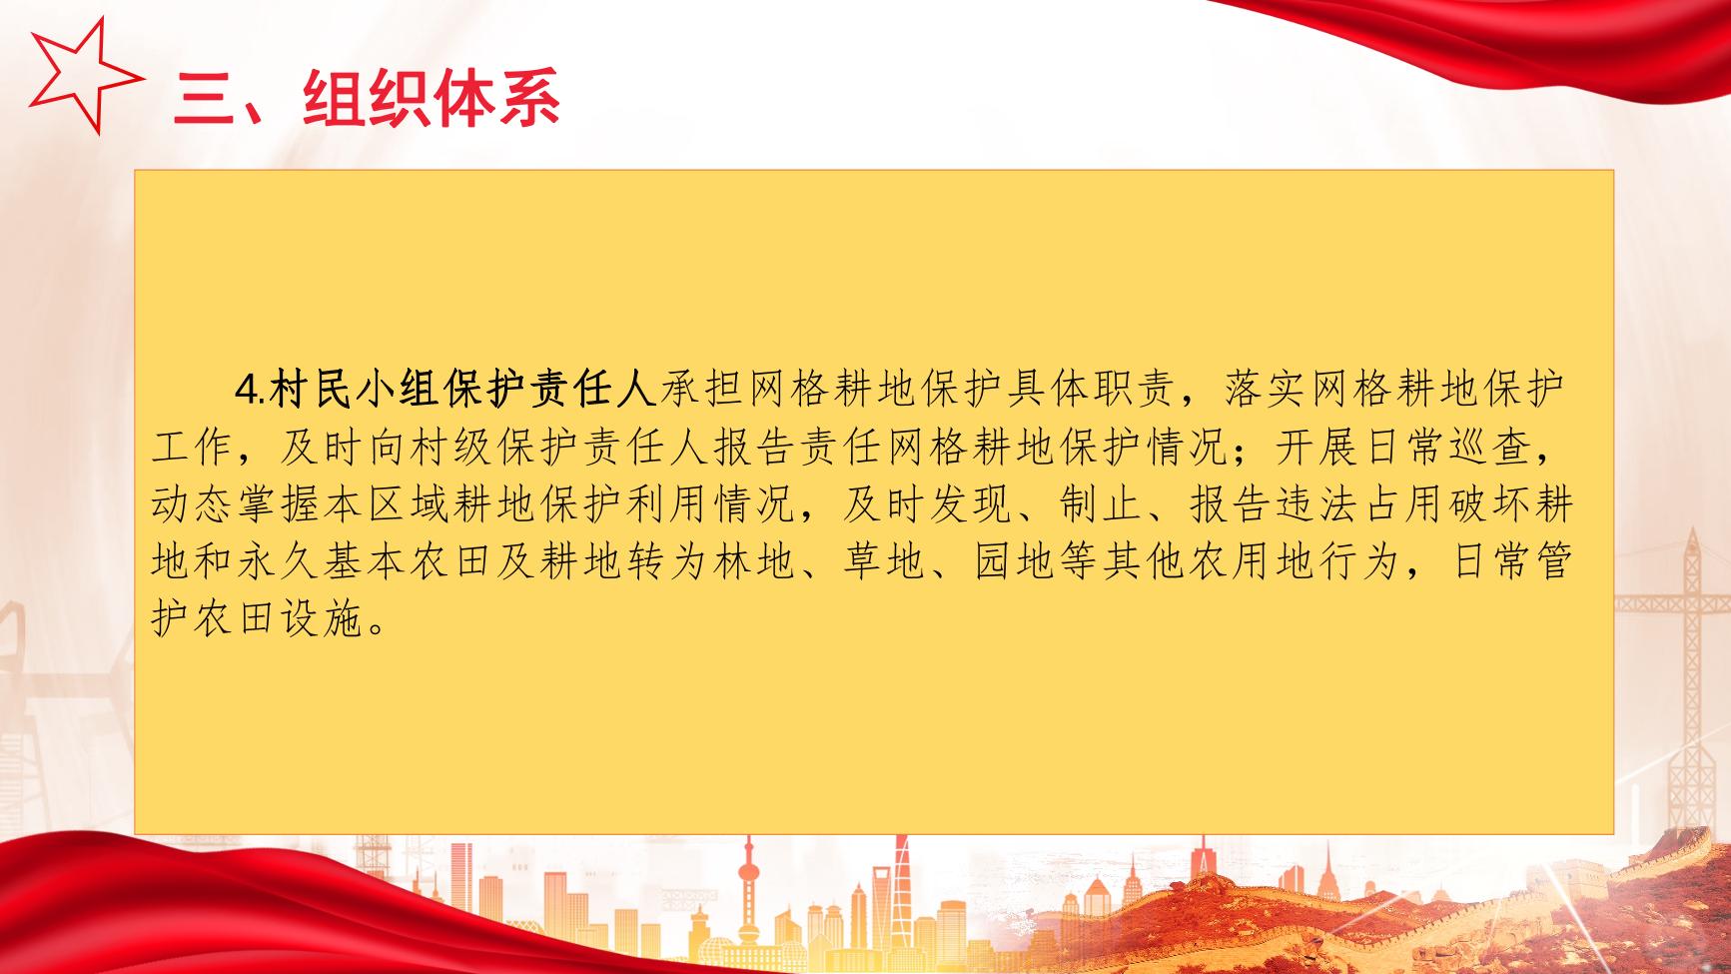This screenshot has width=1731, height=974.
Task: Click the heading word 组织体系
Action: [432, 97]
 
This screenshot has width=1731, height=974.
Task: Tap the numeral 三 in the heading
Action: [206, 98]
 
